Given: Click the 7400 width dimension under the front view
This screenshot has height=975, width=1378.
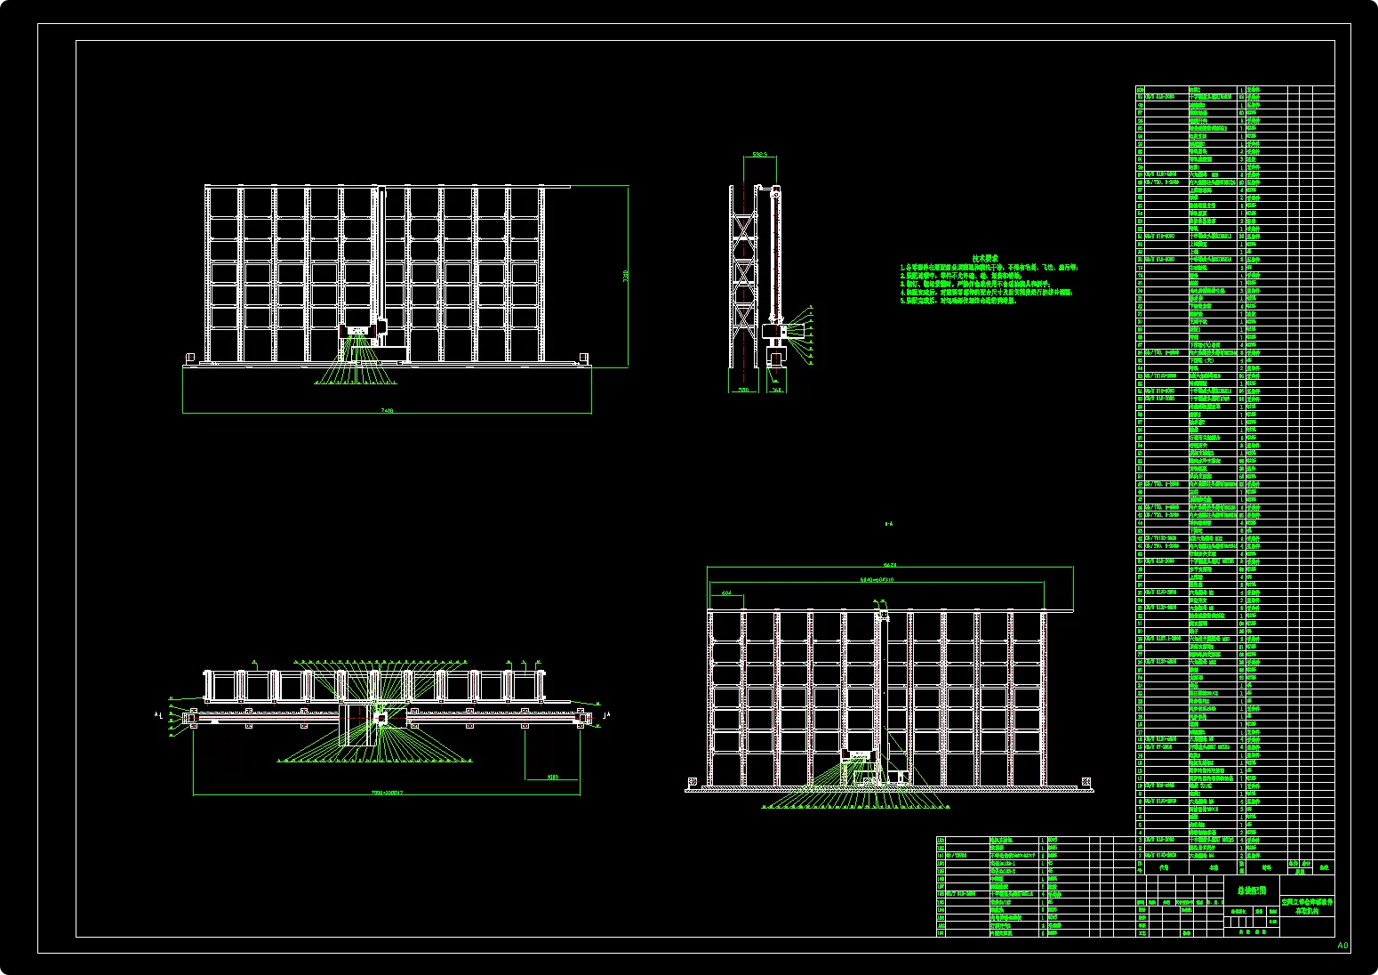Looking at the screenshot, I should click(387, 410).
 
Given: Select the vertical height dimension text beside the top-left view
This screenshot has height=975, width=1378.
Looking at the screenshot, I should click(625, 276).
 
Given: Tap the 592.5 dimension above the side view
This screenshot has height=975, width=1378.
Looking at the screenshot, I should click(759, 154).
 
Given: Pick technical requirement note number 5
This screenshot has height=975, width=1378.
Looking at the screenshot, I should click(960, 301).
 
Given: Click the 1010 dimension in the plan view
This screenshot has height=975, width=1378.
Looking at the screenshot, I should click(552, 777).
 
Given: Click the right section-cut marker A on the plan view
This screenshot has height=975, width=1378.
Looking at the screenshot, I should click(608, 714).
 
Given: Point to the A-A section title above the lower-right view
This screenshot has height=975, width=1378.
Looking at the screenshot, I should click(888, 525).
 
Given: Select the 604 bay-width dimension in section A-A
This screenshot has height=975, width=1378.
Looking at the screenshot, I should click(726, 592).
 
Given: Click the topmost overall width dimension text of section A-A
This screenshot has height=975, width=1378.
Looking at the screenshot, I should click(890, 565).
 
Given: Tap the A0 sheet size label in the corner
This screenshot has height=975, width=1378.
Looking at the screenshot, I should click(1342, 946).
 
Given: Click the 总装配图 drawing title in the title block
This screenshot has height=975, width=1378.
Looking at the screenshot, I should click(1251, 890).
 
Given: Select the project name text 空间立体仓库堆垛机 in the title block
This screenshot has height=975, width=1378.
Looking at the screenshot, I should click(1307, 901).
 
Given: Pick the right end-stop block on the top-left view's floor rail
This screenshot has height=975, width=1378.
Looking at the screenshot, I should click(583, 358).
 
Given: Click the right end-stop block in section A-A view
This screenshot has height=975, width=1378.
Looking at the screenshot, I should click(1086, 783).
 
